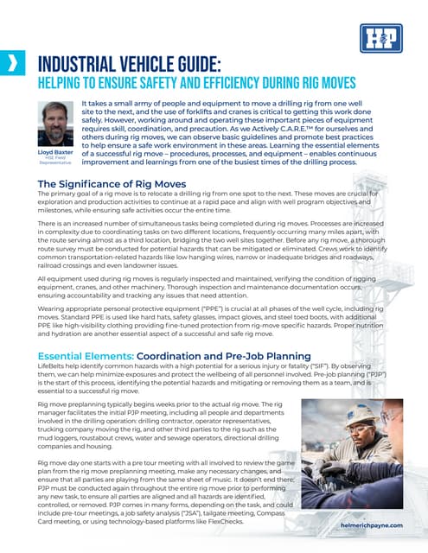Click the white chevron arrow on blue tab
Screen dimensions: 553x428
coord(11,61)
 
